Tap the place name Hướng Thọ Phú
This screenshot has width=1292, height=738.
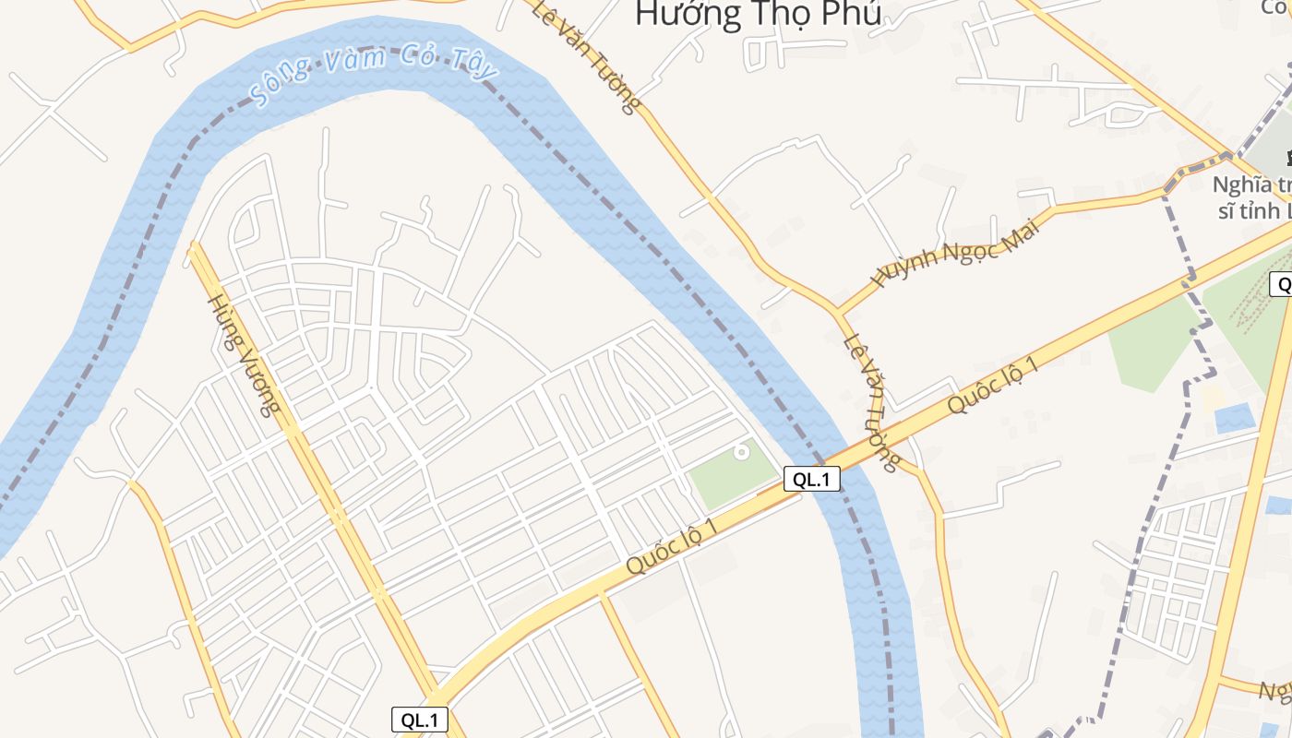tap(758, 15)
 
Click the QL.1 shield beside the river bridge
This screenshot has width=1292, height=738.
tap(812, 479)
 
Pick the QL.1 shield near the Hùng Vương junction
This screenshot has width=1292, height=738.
tap(420, 720)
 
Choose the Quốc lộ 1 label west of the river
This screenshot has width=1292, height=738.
tap(671, 547)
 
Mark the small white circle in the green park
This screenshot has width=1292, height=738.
tap(740, 452)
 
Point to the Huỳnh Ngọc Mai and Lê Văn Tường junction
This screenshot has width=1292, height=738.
tap(839, 311)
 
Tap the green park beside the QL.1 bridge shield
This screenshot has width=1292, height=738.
tap(729, 476)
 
